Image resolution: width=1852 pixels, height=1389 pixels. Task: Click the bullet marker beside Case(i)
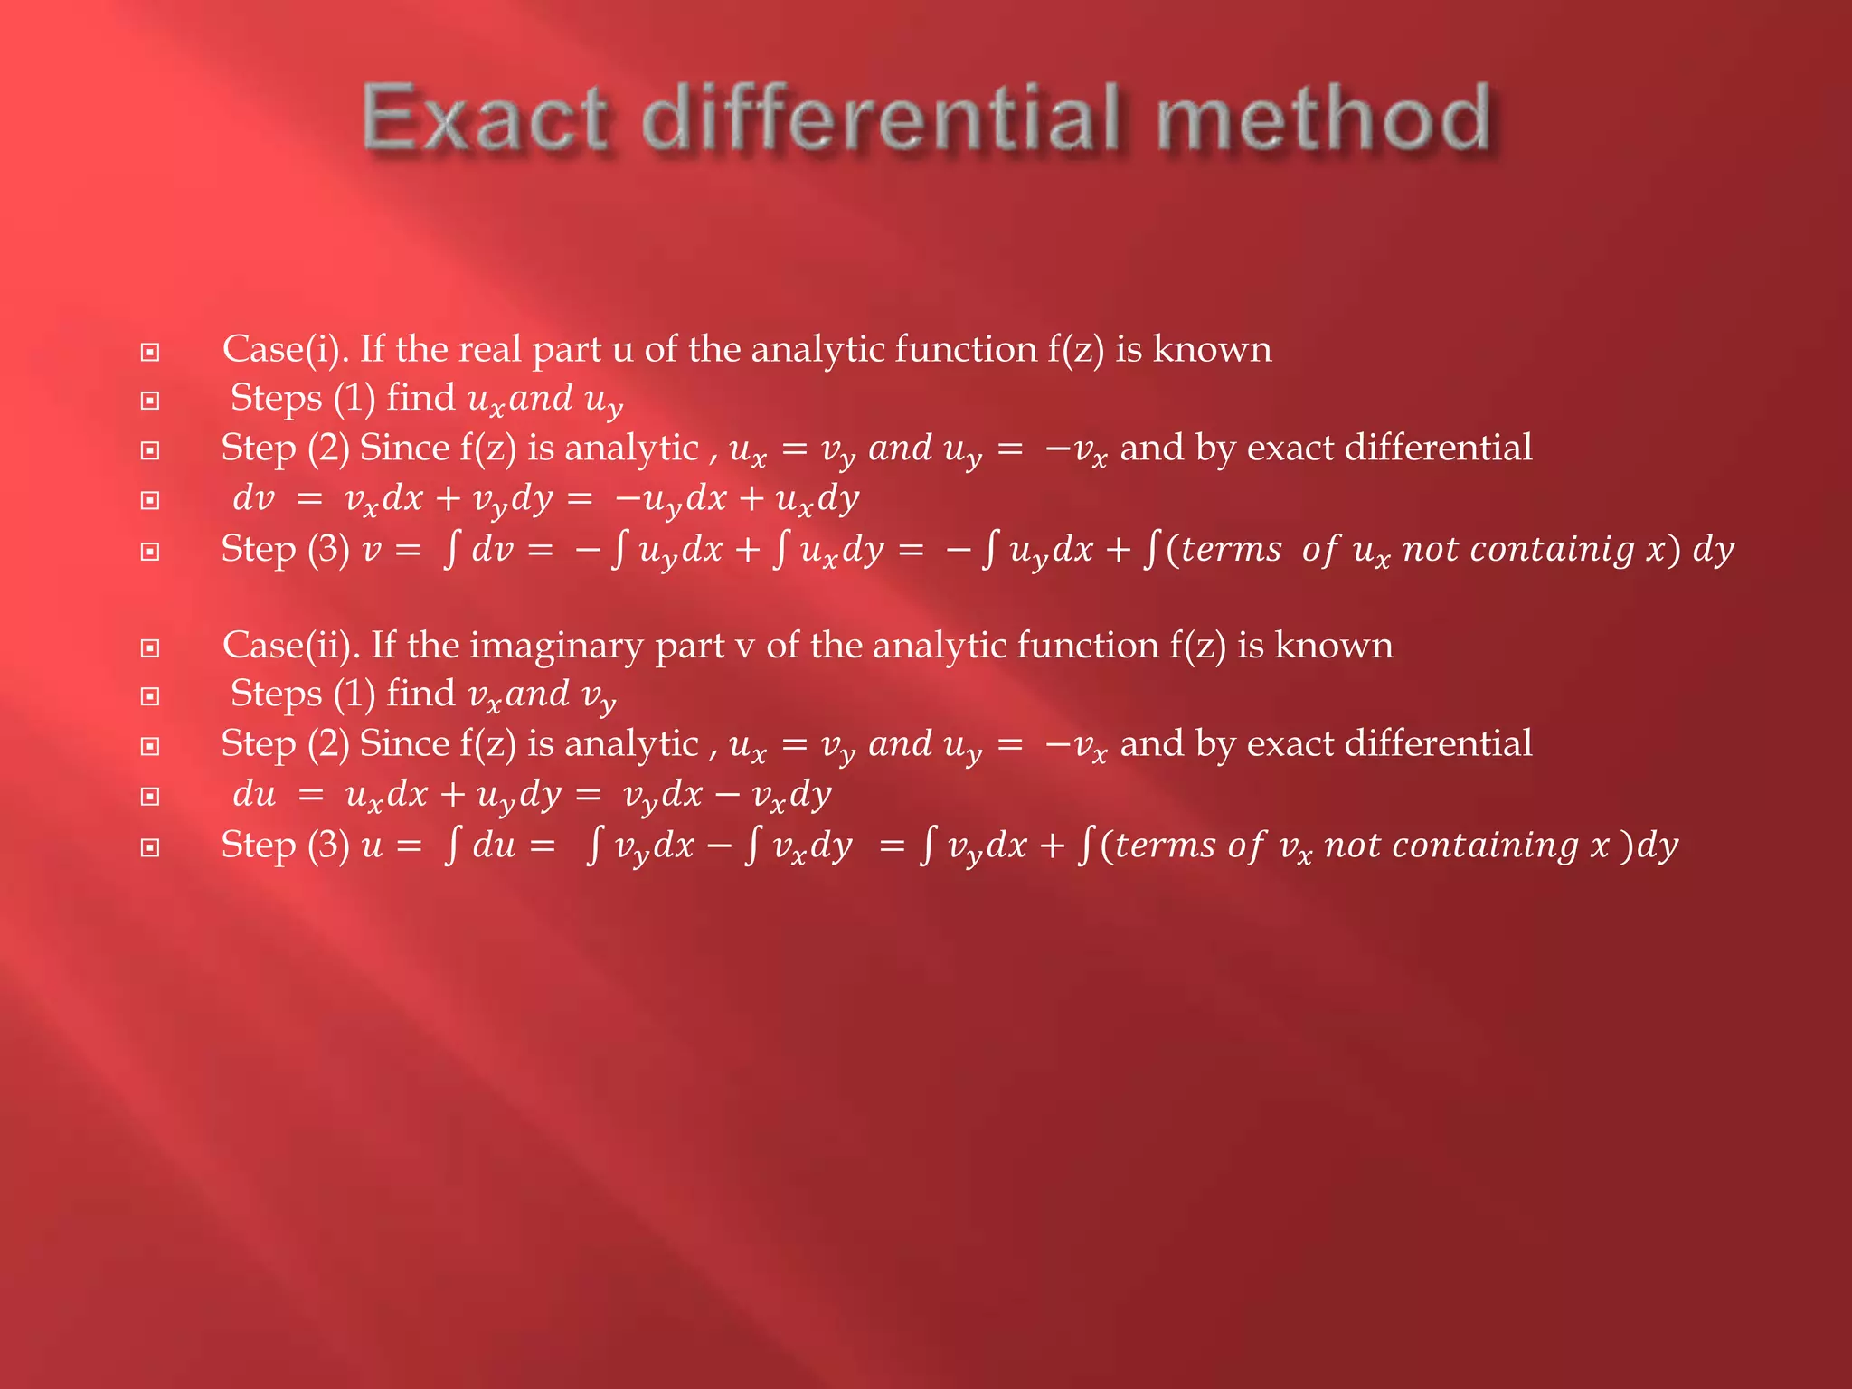[150, 352]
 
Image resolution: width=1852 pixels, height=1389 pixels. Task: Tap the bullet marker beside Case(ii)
[150, 647]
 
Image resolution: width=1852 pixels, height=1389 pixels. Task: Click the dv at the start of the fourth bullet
[253, 498]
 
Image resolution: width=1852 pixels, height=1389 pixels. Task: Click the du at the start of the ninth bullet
[254, 794]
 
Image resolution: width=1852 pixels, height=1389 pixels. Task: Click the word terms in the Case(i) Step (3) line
[1231, 549]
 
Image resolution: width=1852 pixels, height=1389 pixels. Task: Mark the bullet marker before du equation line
[150, 797]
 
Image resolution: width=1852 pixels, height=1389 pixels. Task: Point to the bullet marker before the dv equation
[150, 500]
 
